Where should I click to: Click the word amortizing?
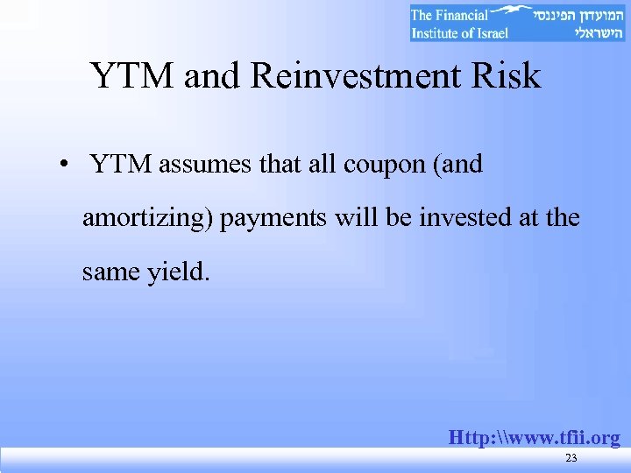147,218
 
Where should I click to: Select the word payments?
274,218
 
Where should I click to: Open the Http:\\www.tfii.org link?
534,437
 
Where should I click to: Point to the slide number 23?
571,459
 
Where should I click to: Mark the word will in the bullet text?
353,218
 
